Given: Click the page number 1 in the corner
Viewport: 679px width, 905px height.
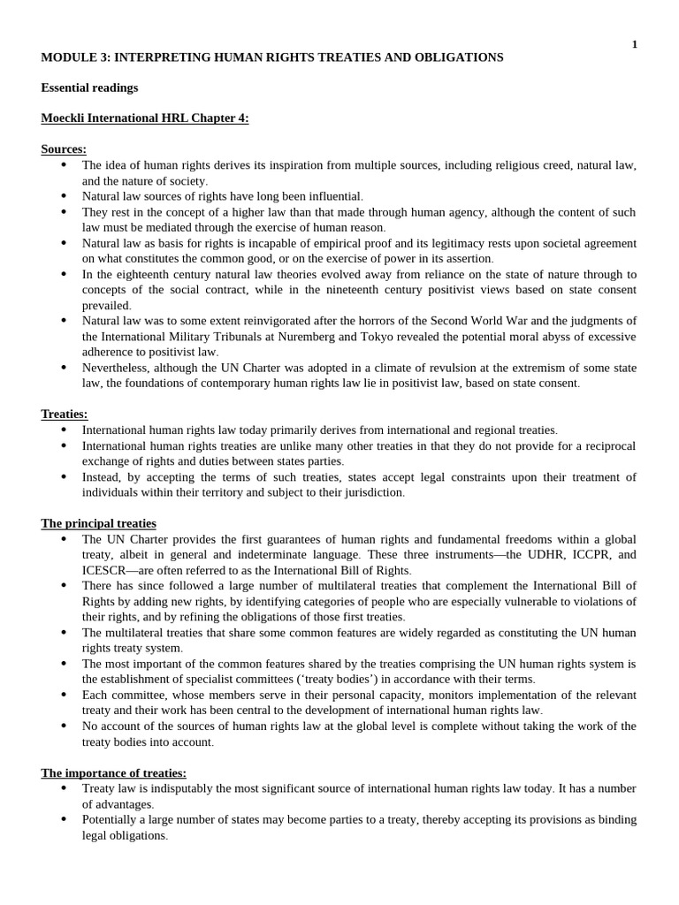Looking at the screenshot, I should click(634, 44).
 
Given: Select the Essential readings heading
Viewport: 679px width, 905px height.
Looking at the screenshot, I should click(89, 87).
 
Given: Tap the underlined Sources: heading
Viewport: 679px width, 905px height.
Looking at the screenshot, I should click(64, 149).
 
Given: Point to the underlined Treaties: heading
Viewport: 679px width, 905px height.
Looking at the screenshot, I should click(65, 414).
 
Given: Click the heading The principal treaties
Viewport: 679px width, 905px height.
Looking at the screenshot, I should click(98, 523).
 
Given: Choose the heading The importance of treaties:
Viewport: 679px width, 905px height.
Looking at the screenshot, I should click(113, 772).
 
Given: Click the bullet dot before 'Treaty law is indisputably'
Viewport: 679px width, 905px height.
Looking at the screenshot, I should click(64, 787).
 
